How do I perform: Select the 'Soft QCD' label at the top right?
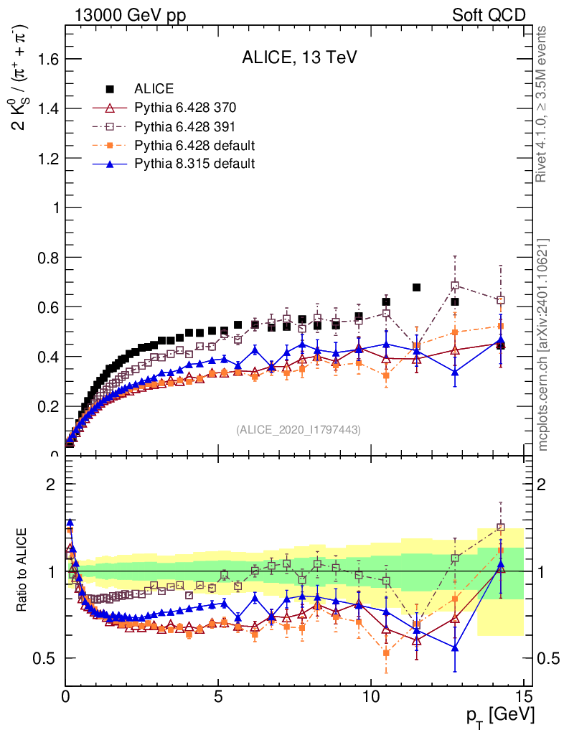click(489, 15)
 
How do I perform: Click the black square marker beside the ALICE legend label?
click(111, 89)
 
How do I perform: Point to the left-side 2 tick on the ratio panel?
click(50, 484)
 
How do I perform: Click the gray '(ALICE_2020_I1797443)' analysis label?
click(298, 429)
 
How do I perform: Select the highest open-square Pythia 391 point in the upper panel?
click(454, 286)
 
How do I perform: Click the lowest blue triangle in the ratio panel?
click(454, 647)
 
